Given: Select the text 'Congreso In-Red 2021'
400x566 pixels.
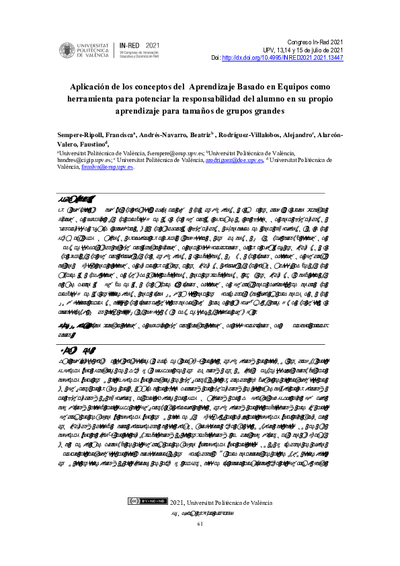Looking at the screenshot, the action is pyautogui.click(x=315, y=42).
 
